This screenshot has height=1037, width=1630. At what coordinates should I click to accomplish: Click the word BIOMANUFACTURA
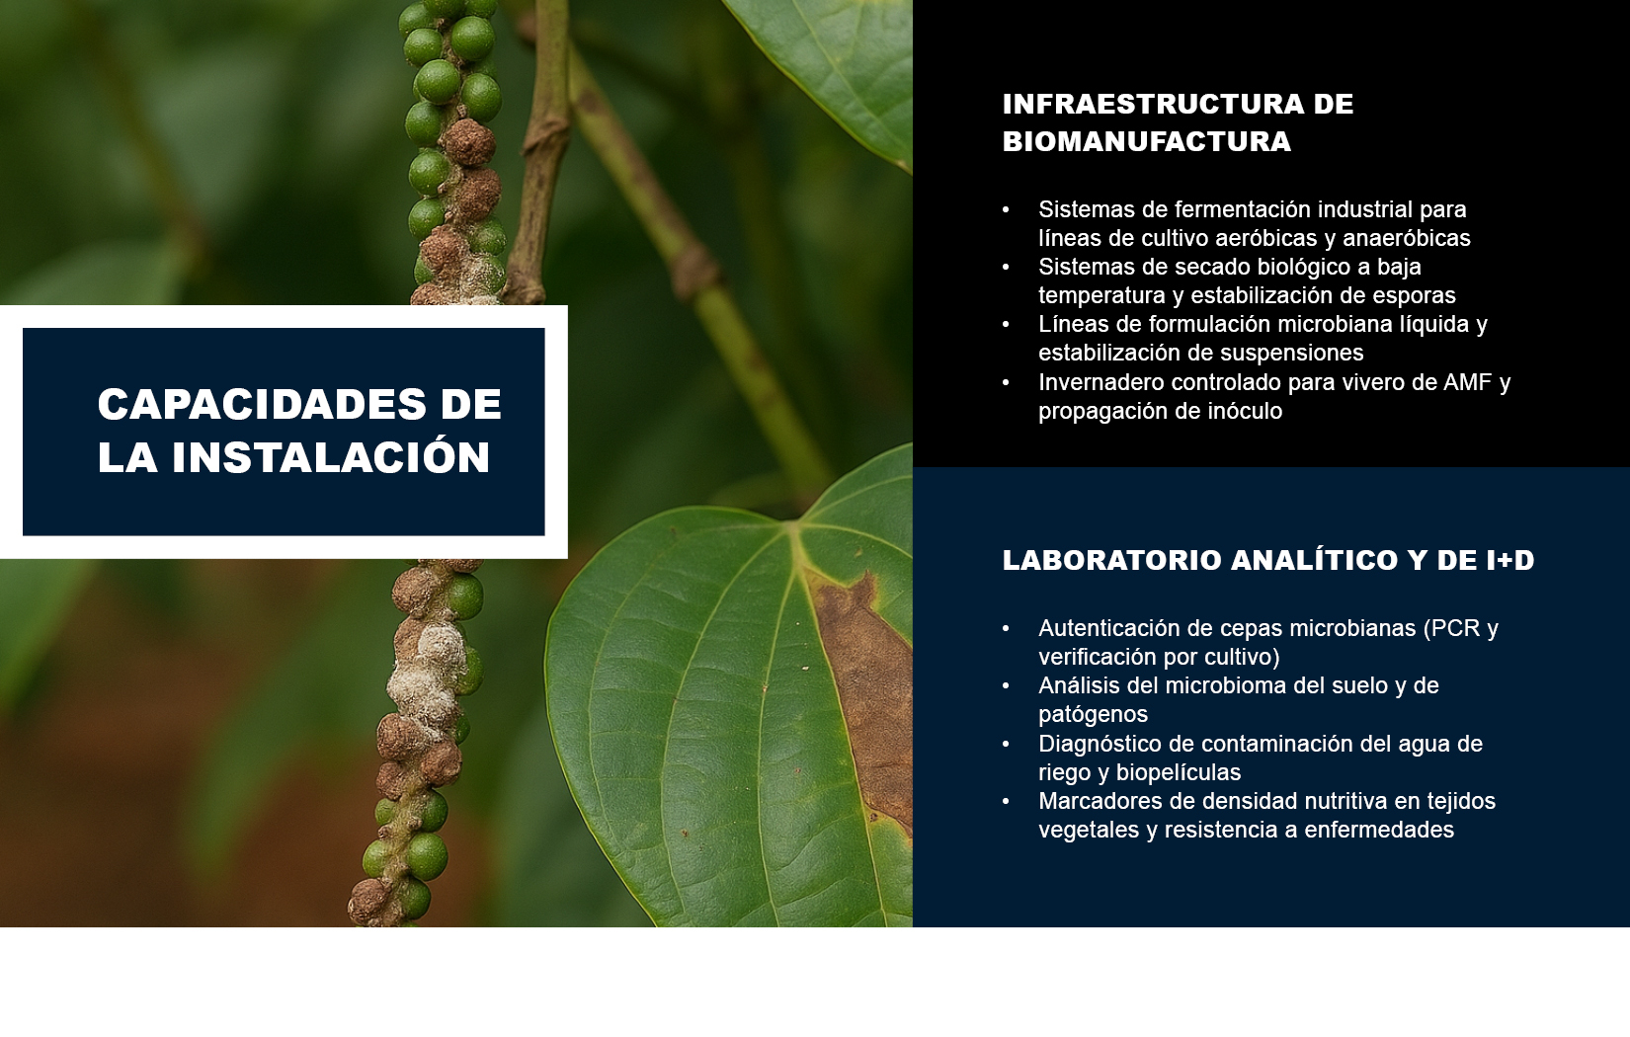[x=1147, y=142]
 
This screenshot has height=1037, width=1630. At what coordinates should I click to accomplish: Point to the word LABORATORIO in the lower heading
[x=1112, y=560]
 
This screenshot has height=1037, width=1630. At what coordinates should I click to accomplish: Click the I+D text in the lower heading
[x=1509, y=560]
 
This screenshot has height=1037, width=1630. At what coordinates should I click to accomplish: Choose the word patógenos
[x=1093, y=715]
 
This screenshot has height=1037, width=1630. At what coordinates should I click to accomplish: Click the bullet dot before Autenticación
[x=1006, y=628]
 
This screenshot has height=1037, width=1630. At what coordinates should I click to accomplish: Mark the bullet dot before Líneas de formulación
[x=1006, y=324]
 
